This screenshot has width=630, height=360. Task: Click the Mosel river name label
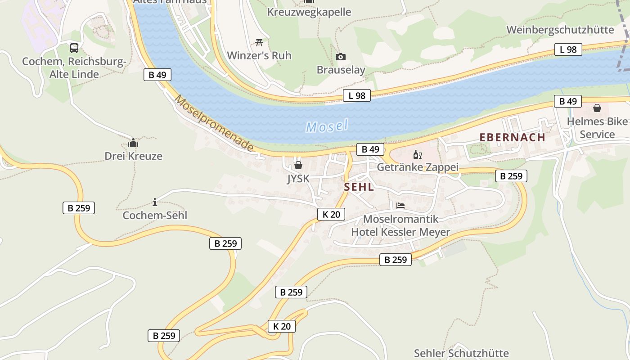327,126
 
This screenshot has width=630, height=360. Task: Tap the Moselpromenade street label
214,123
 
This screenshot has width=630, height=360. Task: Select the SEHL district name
359,187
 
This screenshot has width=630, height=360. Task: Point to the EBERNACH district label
512,137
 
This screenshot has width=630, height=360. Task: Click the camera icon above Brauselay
341,57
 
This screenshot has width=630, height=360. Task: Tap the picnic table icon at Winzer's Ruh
259,42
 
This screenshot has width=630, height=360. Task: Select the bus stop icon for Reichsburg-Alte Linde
74,48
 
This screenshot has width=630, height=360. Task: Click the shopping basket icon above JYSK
298,165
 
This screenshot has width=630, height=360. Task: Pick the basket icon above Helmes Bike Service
597,108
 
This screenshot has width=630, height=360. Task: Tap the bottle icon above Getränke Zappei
417,155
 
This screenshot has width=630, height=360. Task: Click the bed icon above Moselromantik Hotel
400,206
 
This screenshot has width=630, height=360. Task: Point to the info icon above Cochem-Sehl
155,202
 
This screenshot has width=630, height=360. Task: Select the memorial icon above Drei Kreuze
133,143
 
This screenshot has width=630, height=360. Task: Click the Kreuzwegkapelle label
309,12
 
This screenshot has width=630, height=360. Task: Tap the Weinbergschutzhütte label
560,30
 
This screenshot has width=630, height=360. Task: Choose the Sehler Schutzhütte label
461,353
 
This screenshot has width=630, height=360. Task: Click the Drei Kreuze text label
133,156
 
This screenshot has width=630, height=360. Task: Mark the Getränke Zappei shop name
417,167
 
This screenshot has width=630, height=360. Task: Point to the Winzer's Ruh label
259,56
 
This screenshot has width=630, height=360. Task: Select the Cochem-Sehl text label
155,216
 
